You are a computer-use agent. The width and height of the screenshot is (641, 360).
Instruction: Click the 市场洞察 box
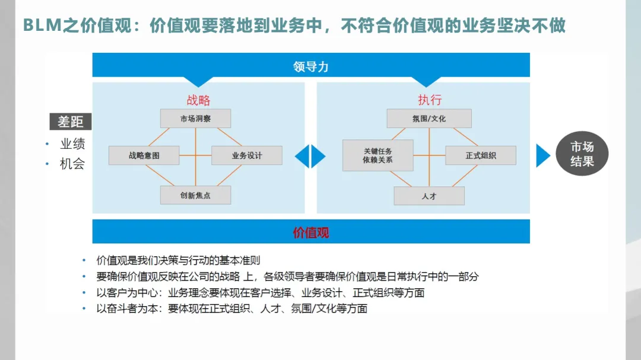click(195, 119)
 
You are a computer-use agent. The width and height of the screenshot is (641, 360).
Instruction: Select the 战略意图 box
click(144, 155)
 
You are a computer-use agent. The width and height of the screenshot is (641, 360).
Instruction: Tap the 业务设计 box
click(246, 155)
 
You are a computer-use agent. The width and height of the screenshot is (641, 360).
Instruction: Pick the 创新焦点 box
click(195, 195)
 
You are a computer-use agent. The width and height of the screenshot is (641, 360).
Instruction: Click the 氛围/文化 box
click(429, 119)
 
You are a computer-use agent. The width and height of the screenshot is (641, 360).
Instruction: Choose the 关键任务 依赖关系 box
click(377, 155)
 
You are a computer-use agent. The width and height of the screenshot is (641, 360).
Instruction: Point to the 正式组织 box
click(480, 155)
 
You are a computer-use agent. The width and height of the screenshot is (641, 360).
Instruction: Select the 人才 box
click(429, 196)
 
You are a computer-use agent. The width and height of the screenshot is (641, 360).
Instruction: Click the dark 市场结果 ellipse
click(582, 154)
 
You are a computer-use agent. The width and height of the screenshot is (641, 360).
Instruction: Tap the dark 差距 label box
click(71, 122)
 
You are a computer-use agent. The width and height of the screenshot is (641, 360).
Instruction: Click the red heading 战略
click(198, 100)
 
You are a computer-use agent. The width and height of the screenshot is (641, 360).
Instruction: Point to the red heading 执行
click(429, 100)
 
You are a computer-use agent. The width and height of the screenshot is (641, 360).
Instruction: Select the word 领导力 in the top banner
click(310, 66)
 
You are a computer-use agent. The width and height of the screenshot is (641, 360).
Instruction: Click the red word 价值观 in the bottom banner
click(310, 232)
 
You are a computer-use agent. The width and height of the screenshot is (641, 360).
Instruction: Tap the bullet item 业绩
click(72, 144)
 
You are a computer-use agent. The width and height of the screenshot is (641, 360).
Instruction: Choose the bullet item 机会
click(72, 164)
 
